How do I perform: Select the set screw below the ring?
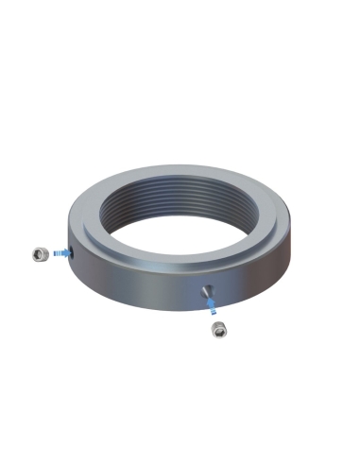click(x=219, y=330)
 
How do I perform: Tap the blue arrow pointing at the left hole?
click(x=60, y=253)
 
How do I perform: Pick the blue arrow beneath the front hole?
click(x=212, y=304)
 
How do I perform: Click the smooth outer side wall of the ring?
click(x=142, y=288)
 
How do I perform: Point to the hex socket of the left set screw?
click(x=41, y=252)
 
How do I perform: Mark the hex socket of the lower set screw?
click(x=219, y=329)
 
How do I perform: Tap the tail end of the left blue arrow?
click(x=53, y=254)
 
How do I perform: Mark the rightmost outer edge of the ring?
click(x=293, y=232)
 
